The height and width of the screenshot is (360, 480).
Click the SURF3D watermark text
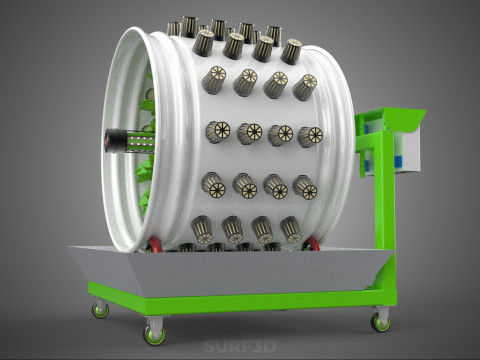[x=240, y=347]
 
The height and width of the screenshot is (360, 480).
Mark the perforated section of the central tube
[x=141, y=141]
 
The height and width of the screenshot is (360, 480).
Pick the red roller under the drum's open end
[x=154, y=245]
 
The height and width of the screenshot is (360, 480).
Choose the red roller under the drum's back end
[x=311, y=244]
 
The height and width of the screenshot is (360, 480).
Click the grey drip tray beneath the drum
[x=230, y=271]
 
